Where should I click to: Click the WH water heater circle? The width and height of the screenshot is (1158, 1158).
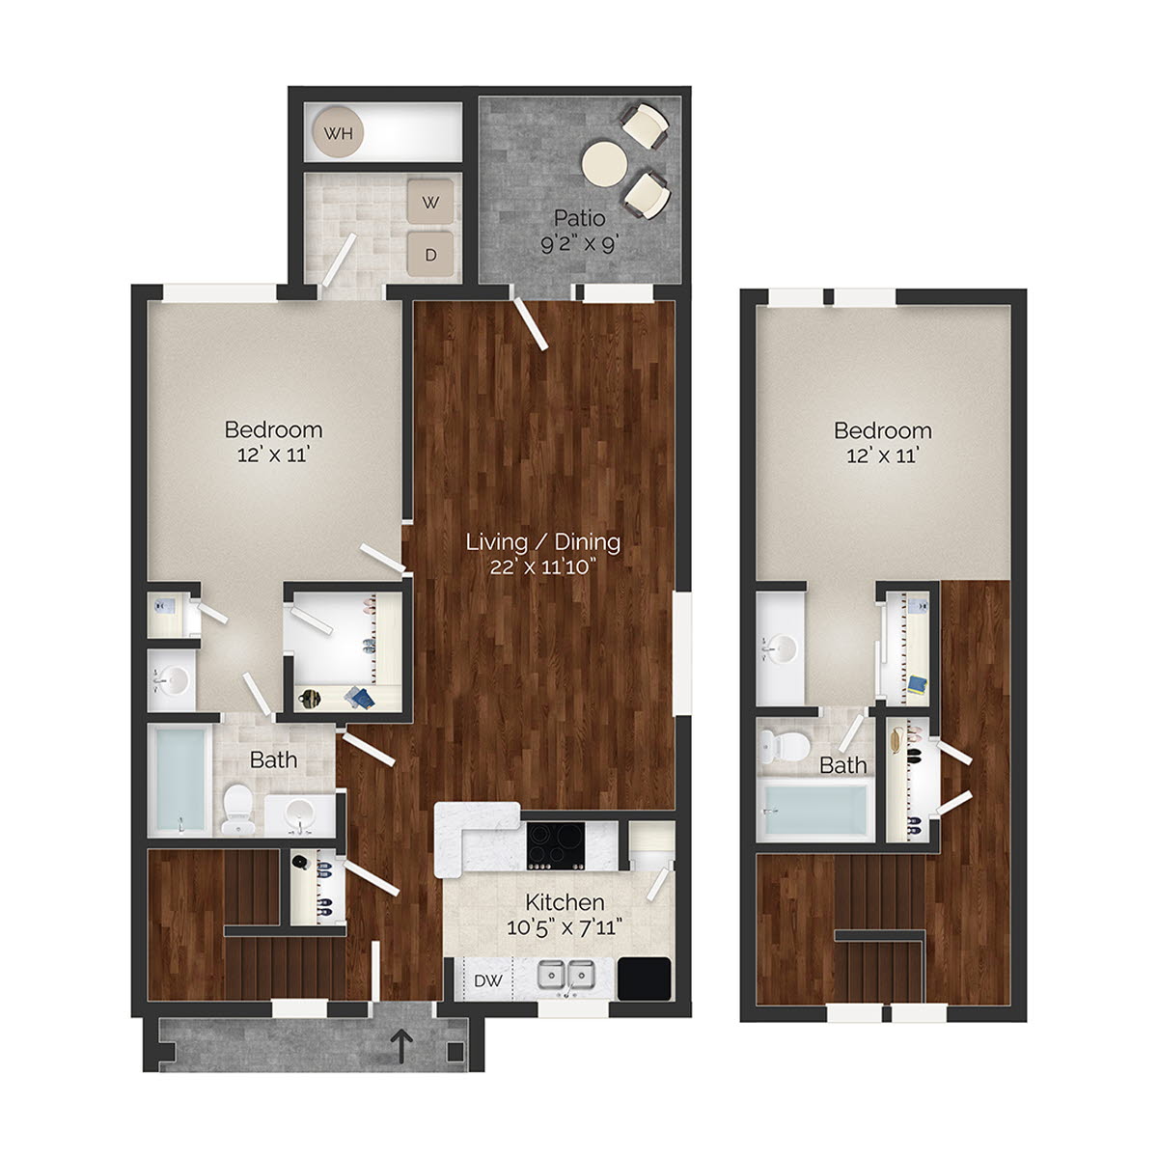[x=338, y=133]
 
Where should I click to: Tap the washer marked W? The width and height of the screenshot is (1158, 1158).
[x=432, y=204]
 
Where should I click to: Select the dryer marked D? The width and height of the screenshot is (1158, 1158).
[x=432, y=255]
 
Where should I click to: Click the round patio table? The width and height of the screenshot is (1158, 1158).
[x=606, y=163]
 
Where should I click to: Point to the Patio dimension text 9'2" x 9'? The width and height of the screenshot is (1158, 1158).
[x=579, y=244]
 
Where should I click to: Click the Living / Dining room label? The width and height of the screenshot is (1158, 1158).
[x=542, y=541]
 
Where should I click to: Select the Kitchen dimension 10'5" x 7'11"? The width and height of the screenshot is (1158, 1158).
[x=565, y=928]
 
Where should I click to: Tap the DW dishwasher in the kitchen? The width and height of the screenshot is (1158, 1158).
[x=486, y=980]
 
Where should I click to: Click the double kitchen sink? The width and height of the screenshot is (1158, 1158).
[x=566, y=977]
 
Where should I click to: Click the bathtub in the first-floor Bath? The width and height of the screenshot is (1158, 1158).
[x=181, y=780]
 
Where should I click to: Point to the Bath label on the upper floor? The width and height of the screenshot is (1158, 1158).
[x=842, y=765]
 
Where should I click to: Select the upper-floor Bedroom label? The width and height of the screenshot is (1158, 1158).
[x=883, y=430]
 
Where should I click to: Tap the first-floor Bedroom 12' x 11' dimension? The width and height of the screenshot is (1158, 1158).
[x=273, y=455]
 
